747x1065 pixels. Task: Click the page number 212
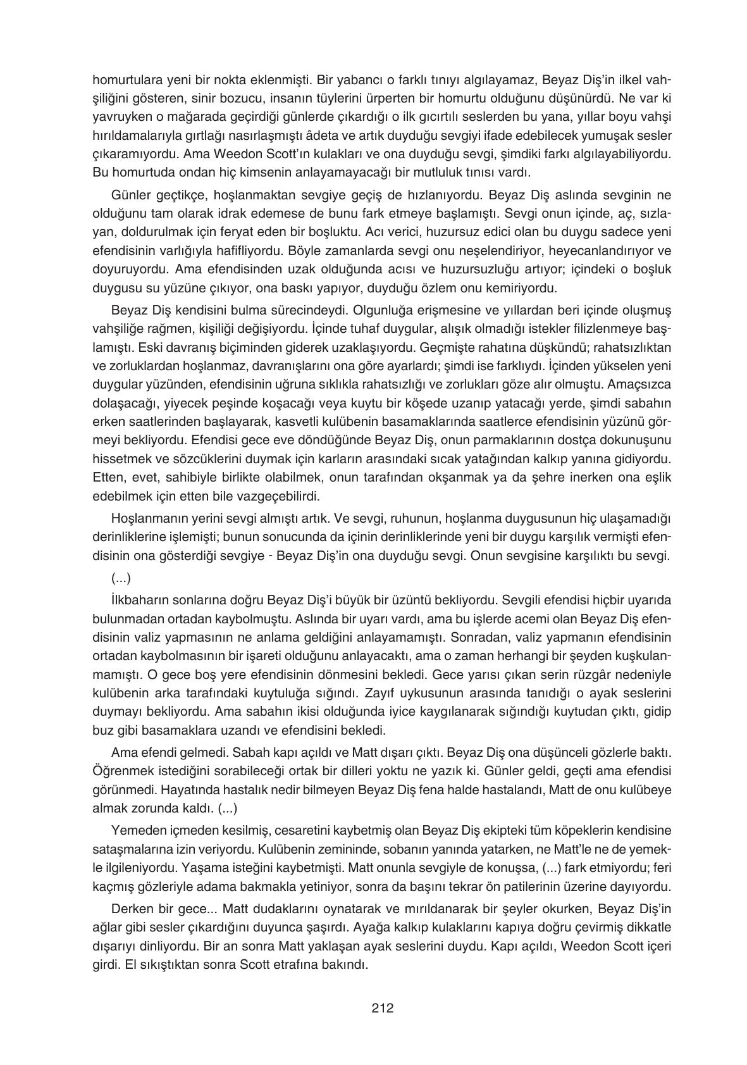[382, 1009]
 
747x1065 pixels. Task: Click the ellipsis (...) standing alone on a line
[120, 578]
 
